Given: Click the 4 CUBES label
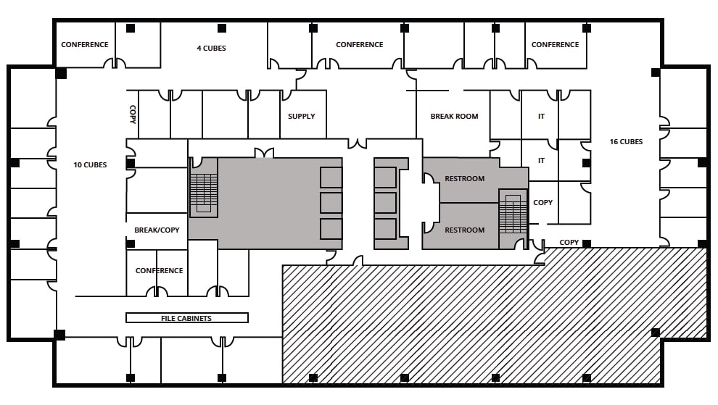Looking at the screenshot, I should pos(211,49).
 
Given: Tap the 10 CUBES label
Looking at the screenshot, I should pos(90,165).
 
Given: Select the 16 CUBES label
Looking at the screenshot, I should pos(625,142).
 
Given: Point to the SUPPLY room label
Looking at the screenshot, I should pos(302,117).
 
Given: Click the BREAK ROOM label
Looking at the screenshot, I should pos(454,117).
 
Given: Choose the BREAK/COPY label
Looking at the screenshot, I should pos(157,230).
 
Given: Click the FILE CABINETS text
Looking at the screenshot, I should pos(186,318).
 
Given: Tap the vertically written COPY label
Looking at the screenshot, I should pos(133,114).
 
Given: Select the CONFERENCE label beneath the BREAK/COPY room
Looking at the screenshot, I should pos(159,271).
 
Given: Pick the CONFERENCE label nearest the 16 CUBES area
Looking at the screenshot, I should pos(555,45).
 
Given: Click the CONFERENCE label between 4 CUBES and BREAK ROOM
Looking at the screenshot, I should pos(359,45).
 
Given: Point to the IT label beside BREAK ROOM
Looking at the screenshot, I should pos(541,117).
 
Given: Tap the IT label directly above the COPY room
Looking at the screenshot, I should pos(541,161).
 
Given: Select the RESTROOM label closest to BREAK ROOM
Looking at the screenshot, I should pos(464,179).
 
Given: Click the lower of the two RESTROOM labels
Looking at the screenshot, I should pos(464,230).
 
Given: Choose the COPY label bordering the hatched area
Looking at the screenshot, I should pos(569,243).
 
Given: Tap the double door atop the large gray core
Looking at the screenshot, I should pos(263,153).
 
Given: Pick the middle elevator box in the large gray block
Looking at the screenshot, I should pos(331,203).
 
